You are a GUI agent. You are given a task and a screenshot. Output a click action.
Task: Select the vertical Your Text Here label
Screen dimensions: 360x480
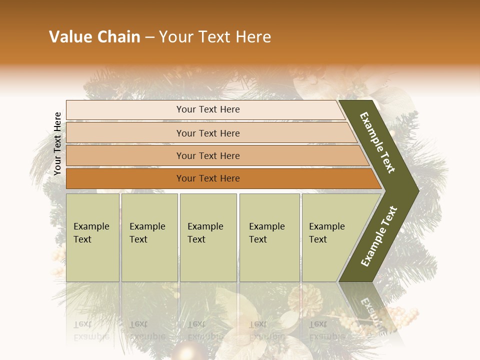click(x=57, y=143)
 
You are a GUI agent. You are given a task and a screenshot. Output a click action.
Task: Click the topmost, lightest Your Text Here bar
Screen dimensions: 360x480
click(x=207, y=109)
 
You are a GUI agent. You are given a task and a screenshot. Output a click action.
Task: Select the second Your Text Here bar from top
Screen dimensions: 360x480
click(x=207, y=133)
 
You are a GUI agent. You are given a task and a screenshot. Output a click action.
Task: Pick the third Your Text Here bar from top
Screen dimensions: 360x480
click(x=207, y=155)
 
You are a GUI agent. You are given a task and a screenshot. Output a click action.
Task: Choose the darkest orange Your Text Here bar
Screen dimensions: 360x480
click(x=207, y=178)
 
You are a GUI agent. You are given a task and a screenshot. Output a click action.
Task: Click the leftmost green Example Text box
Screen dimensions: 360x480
click(x=92, y=237)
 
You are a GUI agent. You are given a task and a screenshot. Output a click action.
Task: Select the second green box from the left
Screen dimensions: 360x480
click(x=149, y=237)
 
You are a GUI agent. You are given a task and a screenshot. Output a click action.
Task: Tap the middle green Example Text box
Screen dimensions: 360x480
click(x=208, y=237)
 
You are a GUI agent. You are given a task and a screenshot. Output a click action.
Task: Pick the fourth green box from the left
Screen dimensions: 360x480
click(x=269, y=237)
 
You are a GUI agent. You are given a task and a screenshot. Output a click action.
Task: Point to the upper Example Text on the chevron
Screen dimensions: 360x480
click(x=377, y=143)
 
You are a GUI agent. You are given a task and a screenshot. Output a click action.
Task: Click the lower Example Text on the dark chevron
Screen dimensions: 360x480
click(x=379, y=236)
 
